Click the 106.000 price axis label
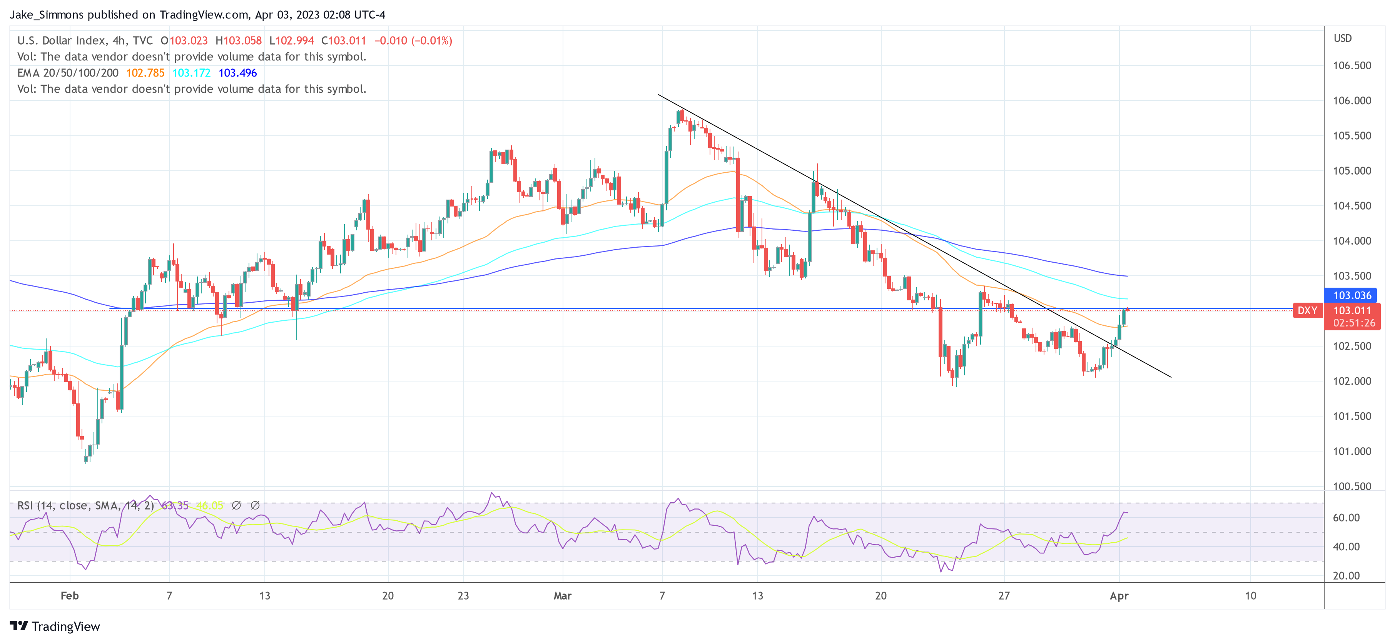[1352, 101]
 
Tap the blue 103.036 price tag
[1352, 295]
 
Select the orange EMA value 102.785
[145, 73]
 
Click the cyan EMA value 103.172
[191, 73]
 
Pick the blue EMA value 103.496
[238, 73]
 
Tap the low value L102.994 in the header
[291, 41]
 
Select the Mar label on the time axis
[562, 596]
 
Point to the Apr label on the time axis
[1119, 596]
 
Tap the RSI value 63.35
[175, 506]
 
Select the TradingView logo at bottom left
[55, 626]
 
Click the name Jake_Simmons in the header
[47, 15]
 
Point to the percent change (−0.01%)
[432, 41]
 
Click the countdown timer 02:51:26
[1354, 323]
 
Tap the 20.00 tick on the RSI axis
[1346, 576]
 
